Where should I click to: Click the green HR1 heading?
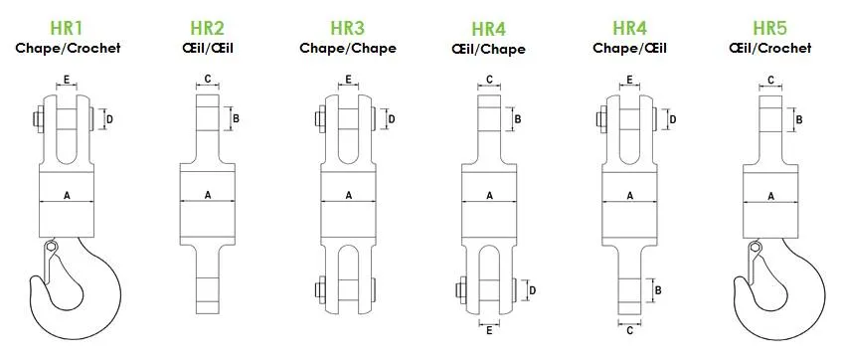[67, 28]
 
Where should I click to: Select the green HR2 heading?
[207, 28]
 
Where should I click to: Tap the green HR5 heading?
[770, 28]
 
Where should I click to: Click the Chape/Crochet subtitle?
[68, 48]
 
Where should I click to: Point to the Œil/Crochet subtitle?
[770, 48]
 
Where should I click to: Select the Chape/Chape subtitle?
[348, 48]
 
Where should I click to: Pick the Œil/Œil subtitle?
[208, 48]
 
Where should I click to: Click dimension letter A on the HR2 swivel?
[208, 195]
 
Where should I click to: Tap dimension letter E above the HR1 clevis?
[67, 80]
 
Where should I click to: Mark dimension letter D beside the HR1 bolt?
[109, 119]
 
